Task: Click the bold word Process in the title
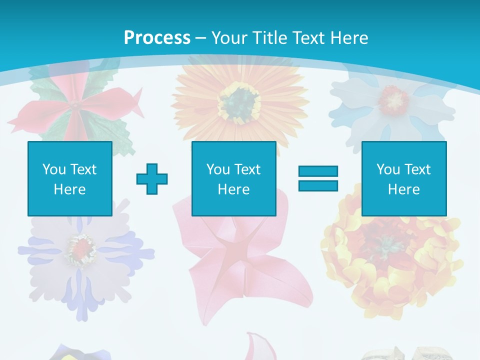157,38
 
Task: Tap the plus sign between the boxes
152,178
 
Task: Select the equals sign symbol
318,178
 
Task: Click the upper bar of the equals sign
318,171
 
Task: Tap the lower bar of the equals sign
318,185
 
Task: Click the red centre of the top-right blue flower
393,99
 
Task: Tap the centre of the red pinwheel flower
73,106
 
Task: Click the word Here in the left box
70,189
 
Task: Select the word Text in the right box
418,169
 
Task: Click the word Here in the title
350,38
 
